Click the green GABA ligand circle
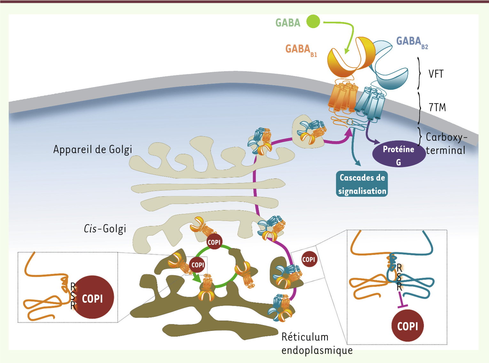coord(313,21)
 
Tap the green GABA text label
coord(288,23)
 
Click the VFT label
coord(436,74)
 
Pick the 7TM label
coord(437,107)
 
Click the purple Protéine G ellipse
coord(399,154)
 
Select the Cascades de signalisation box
coord(362,184)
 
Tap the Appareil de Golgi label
coord(93,149)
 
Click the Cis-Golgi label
coord(105,229)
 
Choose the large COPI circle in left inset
coord(92,298)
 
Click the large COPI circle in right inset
coord(407,326)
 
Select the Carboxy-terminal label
coord(446,144)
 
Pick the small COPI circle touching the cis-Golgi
coord(214,242)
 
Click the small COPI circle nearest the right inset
coord(309,260)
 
